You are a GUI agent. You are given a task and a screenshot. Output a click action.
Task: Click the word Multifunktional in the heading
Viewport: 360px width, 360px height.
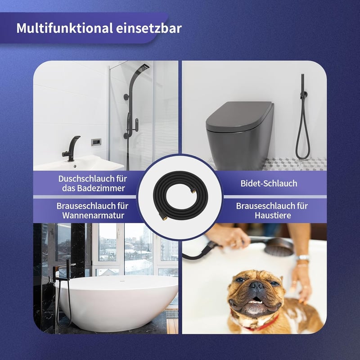pyautogui.click(x=64, y=28)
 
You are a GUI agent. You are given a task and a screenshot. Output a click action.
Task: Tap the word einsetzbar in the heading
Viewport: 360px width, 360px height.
pyautogui.click(x=149, y=28)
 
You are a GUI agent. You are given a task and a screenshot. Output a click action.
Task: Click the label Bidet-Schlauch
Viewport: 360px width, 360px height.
pyautogui.click(x=269, y=184)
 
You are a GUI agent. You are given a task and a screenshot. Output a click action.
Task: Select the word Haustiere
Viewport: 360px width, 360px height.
pyautogui.click(x=273, y=216)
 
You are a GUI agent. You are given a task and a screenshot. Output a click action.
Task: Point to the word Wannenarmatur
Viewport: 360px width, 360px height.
pyautogui.click(x=93, y=216)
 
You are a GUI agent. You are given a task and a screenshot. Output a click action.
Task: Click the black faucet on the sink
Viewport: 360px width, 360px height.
pyautogui.click(x=71, y=148)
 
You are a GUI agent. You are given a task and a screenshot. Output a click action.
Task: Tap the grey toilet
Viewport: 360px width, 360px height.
pyautogui.click(x=240, y=135)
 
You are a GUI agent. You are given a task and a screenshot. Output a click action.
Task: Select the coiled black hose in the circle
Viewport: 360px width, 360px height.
pyautogui.click(x=180, y=196)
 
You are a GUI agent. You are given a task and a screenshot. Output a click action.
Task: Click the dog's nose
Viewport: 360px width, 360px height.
pyautogui.click(x=257, y=285)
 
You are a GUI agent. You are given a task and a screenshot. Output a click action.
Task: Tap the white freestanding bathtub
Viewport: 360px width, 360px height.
pyautogui.click(x=117, y=302)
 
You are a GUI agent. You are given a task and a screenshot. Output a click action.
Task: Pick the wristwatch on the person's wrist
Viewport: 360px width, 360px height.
pyautogui.click(x=303, y=258)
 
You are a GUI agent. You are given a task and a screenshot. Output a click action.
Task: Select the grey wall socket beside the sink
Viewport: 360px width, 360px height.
pyautogui.click(x=96, y=142)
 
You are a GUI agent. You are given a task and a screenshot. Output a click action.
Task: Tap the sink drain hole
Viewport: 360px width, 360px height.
pyautogui.click(x=75, y=166)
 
